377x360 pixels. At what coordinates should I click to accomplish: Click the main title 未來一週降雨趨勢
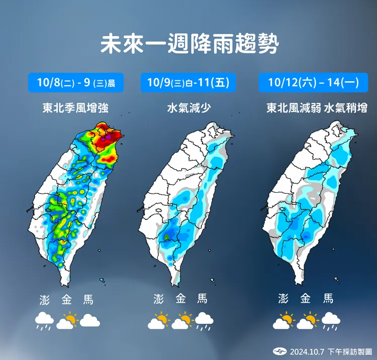tap(189, 44)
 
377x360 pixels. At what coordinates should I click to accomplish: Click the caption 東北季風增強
tap(76, 107)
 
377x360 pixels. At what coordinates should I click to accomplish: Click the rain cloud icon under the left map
tap(45, 321)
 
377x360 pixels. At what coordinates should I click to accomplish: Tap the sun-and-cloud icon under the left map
tap(67, 321)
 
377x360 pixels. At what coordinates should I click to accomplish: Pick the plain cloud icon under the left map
tap(90, 320)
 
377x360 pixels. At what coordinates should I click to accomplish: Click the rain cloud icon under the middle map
tap(204, 321)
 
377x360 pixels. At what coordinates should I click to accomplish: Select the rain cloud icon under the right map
tap(330, 321)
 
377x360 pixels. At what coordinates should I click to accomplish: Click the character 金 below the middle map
tap(181, 299)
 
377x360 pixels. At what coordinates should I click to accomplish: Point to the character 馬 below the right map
tap(328, 299)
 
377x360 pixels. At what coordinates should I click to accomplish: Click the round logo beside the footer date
tap(278, 351)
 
